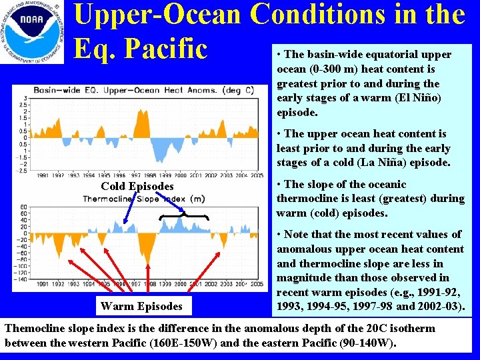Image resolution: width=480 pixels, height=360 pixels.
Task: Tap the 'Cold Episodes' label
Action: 137,187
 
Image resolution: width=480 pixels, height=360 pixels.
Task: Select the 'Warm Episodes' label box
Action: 141,307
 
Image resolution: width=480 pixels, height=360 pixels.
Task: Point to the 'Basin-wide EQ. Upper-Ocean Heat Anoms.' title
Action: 143,90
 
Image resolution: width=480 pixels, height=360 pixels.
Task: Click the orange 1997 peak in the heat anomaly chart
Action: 141,123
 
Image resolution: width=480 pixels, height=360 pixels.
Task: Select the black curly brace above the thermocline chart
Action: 185,216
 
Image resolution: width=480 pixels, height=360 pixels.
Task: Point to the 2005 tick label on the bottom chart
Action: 256,284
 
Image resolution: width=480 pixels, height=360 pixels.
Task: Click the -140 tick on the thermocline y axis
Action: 23,279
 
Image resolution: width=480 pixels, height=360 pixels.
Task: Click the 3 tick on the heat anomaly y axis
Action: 25,98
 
